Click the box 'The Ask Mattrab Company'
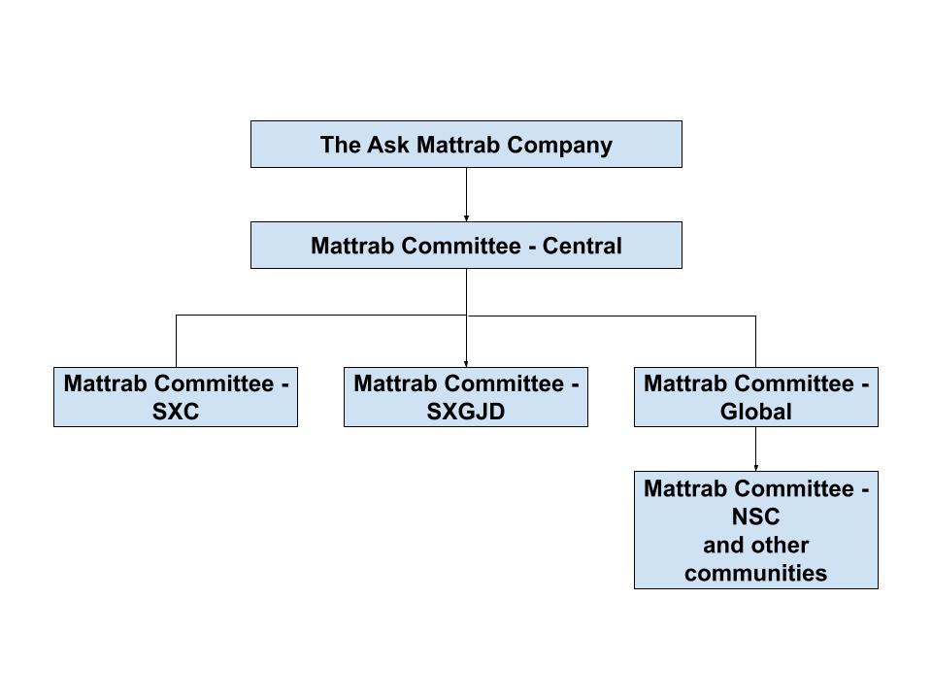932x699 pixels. (x=466, y=144)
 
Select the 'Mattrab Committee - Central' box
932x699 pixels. (x=466, y=245)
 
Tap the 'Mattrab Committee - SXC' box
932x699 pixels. (x=176, y=397)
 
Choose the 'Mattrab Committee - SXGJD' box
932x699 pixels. (x=466, y=397)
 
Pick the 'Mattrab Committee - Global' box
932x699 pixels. (x=755, y=397)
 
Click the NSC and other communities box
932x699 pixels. (x=755, y=530)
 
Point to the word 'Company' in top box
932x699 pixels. (x=564, y=145)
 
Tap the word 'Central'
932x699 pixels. (x=582, y=246)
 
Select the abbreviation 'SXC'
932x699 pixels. (x=176, y=412)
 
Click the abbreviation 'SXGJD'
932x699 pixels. (x=466, y=412)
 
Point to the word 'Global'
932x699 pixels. (x=755, y=412)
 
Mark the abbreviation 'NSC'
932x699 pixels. (x=755, y=516)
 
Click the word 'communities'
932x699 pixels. (x=755, y=573)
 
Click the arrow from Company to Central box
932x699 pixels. (x=466, y=194)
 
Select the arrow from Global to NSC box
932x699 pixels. (x=755, y=449)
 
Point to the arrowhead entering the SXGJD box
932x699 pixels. (x=466, y=363)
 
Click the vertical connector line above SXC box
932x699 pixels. (x=176, y=340)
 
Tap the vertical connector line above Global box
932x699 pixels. (x=755, y=340)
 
